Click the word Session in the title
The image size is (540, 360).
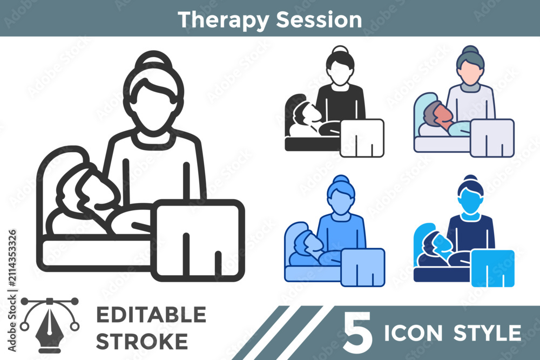click(x=319, y=19)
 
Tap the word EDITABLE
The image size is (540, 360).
click(x=151, y=315)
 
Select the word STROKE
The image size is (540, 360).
click(x=142, y=341)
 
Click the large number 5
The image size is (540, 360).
click(x=358, y=332)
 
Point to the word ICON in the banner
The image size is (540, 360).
click(x=413, y=333)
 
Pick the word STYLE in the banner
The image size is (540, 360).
click(x=487, y=333)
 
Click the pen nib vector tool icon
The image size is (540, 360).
click(x=50, y=325)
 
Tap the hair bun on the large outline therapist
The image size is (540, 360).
click(x=153, y=60)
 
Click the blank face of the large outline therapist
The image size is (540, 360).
click(x=153, y=107)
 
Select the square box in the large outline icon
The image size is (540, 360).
click(x=198, y=240)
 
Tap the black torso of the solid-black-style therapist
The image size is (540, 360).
click(x=340, y=103)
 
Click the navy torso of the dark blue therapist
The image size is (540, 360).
click(x=471, y=232)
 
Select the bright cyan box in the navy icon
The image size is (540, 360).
click(x=492, y=268)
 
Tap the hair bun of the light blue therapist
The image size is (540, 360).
click(x=340, y=180)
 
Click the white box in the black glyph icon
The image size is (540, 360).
click(x=362, y=138)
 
